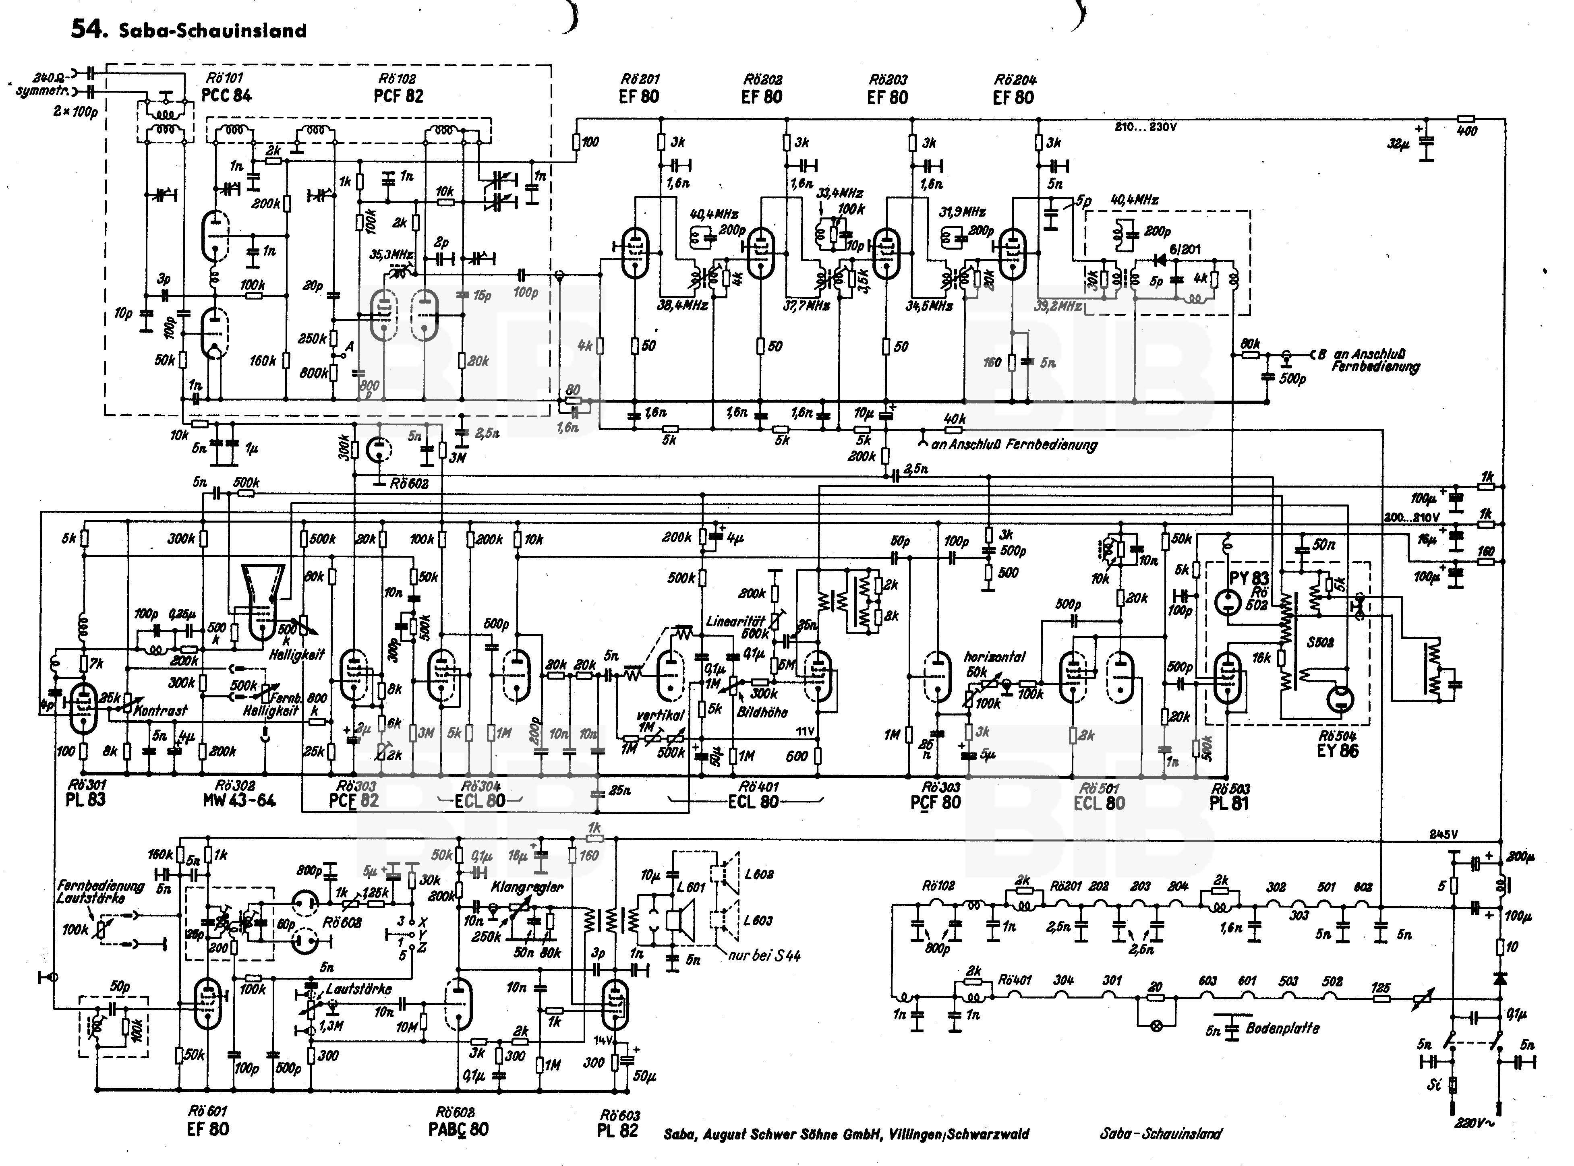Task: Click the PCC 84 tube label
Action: pos(227,95)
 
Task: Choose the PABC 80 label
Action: pos(458,1129)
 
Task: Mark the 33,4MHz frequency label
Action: pos(840,193)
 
